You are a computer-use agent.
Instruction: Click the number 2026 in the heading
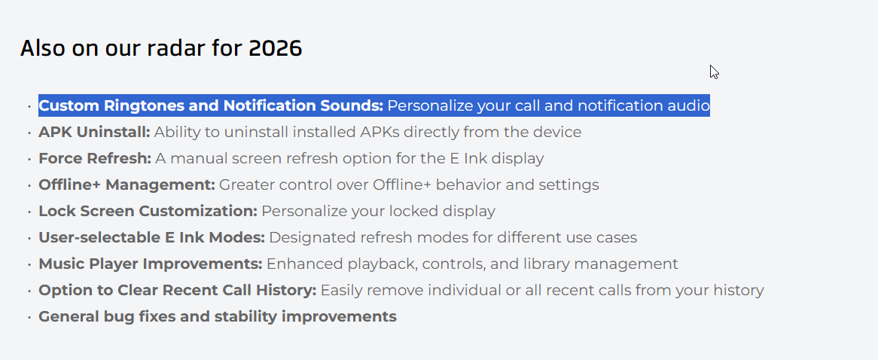(276, 49)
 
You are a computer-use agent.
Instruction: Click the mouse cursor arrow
(714, 72)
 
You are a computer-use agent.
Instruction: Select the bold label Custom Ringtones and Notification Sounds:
(211, 106)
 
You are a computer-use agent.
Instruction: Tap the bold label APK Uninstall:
(95, 132)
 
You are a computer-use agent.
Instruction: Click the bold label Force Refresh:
(95, 158)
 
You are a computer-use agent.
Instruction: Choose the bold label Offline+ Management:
(127, 185)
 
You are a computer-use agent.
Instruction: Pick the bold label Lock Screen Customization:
(148, 211)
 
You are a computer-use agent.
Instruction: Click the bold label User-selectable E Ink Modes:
(152, 237)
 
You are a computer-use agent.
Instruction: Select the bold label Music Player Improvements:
(151, 264)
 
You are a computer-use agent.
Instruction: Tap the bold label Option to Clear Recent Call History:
(178, 290)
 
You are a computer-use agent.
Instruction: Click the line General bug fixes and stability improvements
(218, 316)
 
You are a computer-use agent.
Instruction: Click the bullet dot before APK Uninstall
(29, 133)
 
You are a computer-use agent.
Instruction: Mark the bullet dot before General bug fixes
(29, 318)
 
